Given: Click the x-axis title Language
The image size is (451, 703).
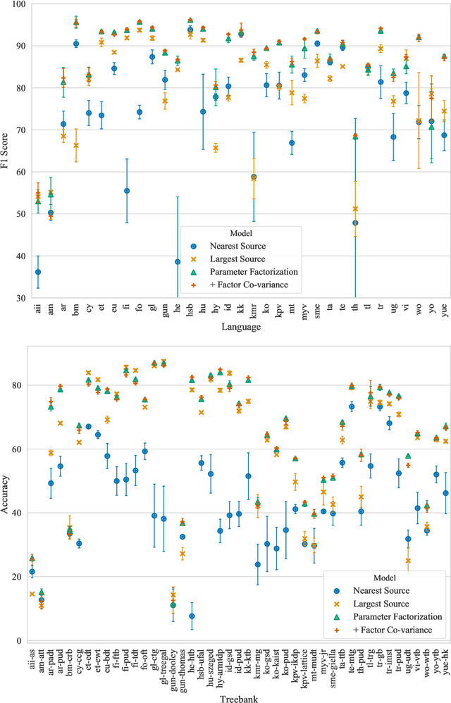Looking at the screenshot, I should [x=242, y=328].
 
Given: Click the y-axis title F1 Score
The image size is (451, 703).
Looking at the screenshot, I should [x=7, y=151].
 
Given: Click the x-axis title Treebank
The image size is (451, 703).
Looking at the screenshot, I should [x=242, y=697].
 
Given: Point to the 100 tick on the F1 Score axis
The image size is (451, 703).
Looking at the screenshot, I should [x=19, y=4].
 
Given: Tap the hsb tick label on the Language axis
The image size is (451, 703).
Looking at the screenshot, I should [x=190, y=310].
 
